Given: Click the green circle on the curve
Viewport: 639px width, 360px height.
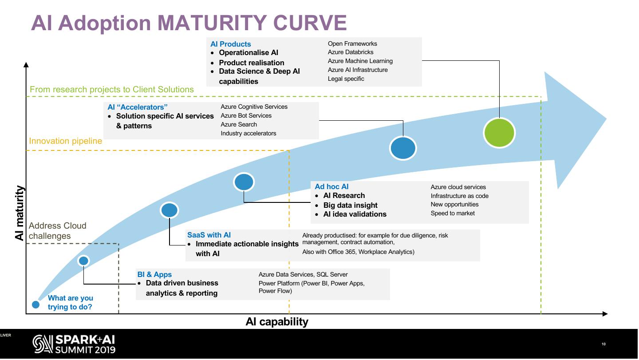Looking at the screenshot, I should point(499,132).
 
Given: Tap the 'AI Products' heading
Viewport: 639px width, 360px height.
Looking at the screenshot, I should point(230,44).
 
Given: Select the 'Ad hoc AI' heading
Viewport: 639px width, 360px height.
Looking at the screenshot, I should point(331,187).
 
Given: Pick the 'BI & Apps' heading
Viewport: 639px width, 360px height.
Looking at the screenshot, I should point(154,274).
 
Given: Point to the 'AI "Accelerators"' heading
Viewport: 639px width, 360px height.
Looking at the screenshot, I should point(138,107).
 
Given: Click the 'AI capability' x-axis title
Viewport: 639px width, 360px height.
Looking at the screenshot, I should point(277,322).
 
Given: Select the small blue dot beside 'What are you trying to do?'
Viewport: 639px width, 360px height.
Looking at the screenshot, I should point(36,304).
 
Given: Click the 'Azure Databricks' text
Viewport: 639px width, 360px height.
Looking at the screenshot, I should point(351,52).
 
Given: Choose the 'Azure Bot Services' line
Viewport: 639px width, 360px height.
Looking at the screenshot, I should point(246,115).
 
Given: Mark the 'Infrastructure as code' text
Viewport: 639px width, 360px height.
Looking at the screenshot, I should point(459,196).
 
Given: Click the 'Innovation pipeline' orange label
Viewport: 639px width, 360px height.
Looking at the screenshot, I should point(65,141).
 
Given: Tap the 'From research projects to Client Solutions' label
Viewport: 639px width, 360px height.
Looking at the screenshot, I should point(112,90).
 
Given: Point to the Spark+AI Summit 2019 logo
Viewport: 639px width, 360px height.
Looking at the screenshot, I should point(74,344).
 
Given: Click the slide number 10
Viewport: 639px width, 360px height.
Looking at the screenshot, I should point(603,344).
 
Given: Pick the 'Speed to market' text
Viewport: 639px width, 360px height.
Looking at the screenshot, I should point(453,213).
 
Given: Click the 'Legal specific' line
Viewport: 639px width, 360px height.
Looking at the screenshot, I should point(346,79).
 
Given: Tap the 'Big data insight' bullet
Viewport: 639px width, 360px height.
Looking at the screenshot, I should point(350,205).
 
